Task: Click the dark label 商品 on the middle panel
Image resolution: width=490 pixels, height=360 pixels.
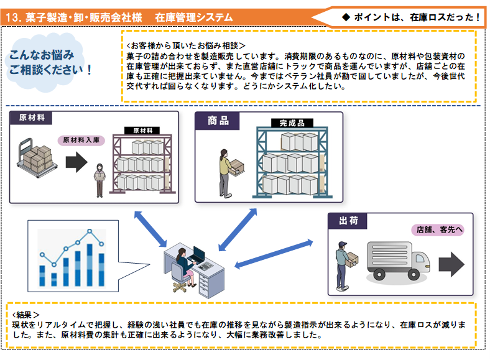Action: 218,121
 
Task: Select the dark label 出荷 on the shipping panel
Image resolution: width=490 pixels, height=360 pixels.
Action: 347,221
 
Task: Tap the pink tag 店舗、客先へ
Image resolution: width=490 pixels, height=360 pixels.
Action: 437,229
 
